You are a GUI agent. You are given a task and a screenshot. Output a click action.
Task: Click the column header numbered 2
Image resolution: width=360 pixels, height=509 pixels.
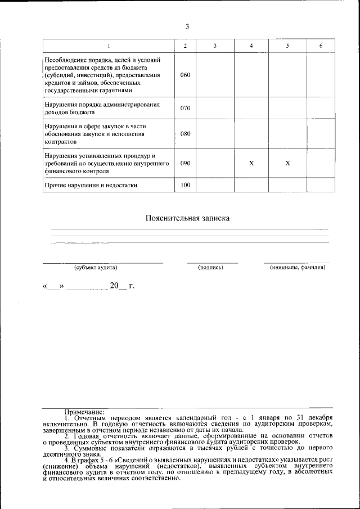point(185,46)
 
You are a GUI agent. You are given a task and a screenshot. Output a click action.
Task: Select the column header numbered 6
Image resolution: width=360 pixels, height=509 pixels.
point(321,46)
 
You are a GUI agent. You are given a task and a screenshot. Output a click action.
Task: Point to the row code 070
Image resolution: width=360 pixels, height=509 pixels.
point(185,107)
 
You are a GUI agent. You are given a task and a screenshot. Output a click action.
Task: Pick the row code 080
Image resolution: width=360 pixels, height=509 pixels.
point(185,134)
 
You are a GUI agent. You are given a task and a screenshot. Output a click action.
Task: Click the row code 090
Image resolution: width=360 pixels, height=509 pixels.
point(185,163)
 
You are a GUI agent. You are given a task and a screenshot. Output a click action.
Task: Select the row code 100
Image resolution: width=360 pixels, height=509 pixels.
point(185,184)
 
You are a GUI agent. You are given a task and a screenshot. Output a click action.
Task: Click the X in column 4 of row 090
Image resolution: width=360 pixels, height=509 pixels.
point(251,163)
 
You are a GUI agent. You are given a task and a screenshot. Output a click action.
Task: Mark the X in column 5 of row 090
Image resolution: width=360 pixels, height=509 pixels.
point(287,163)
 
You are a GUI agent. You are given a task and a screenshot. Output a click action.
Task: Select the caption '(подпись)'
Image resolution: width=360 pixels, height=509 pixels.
point(211,268)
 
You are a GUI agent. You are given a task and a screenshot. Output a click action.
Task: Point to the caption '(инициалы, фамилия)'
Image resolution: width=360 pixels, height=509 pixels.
point(298,268)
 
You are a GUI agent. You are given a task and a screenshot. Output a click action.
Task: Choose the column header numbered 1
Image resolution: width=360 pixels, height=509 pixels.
point(109,46)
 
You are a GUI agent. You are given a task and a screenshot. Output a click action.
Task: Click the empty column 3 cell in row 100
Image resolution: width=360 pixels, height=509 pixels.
point(215,184)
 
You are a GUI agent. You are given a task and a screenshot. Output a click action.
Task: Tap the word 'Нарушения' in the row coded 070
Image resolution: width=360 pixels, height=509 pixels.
point(61,105)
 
